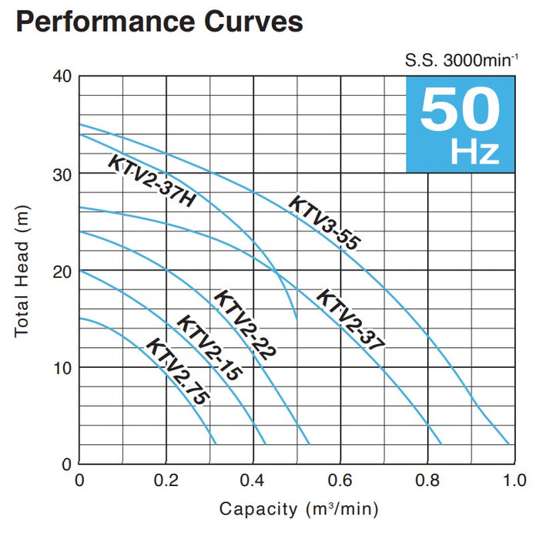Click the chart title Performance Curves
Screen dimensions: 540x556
tap(159, 21)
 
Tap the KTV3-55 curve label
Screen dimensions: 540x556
tap(325, 223)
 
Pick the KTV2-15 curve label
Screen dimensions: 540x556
tap(209, 349)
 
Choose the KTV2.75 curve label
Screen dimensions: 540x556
tap(177, 371)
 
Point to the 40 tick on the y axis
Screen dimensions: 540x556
tap(62, 76)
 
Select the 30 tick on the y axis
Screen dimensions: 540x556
tap(62, 174)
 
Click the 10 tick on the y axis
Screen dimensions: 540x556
tap(62, 367)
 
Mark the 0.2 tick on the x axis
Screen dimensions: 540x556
tap(166, 480)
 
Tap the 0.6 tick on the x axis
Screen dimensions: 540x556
tap(340, 480)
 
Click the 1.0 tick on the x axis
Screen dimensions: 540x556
tap(513, 480)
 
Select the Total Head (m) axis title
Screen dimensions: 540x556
tap(22, 270)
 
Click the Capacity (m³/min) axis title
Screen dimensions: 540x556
tap(299, 509)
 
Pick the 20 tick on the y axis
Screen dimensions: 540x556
tap(62, 271)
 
